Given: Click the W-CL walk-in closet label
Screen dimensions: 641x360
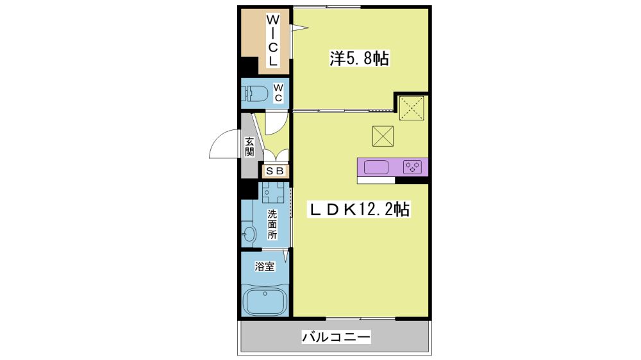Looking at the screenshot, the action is [272, 40].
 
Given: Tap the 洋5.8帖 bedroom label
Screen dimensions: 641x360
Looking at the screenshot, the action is [360, 59].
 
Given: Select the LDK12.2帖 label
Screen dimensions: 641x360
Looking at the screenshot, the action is [358, 209].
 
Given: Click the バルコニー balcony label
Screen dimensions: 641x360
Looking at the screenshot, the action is [336, 337].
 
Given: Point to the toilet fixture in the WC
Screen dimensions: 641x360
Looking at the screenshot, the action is [254, 94].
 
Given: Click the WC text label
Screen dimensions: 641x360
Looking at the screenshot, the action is [278, 93].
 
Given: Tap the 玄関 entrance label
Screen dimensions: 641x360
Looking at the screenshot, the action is [249, 147].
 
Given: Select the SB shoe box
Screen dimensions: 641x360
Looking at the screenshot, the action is [275, 171].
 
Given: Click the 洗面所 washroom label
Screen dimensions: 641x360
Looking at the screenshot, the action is [272, 224].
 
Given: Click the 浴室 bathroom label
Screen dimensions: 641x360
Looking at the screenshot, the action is [265, 267].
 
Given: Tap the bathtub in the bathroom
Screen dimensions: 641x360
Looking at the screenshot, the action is [265, 301].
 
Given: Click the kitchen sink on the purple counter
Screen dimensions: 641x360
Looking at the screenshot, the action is [376, 167].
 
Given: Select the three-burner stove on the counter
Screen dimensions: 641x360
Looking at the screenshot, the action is [412, 167].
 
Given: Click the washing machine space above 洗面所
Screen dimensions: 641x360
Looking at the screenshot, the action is [274, 193].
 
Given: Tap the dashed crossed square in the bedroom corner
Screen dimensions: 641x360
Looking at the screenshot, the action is [412, 108].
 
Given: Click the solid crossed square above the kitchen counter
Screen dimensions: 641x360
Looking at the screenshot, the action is [383, 136].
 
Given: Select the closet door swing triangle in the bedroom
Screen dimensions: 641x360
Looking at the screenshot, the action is [299, 28].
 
